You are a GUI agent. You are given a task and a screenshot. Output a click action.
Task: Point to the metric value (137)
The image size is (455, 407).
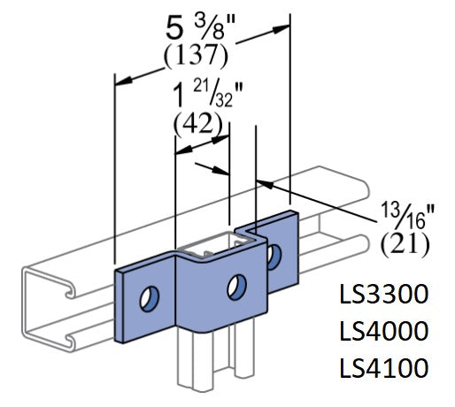point(197,55)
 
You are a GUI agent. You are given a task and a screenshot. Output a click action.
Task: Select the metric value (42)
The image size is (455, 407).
point(197,123)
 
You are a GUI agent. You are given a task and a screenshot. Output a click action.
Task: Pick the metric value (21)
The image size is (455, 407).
point(403,241)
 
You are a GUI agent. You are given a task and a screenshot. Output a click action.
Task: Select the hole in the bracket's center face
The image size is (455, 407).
point(235,286)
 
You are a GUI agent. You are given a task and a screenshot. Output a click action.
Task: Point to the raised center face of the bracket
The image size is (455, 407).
point(217,292)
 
